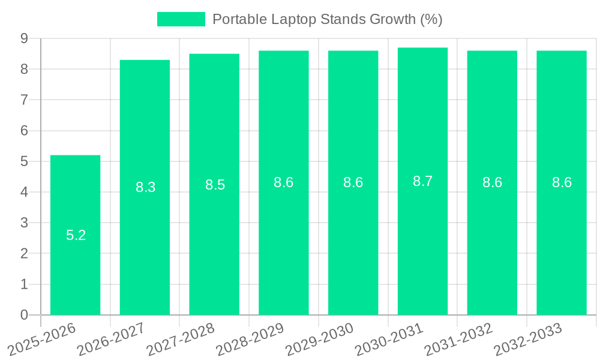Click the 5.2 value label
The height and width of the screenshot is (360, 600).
point(76,235)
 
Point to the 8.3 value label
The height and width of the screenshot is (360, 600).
point(146,187)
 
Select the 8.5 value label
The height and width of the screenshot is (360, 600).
point(215,185)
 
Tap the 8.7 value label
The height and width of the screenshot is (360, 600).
point(423,181)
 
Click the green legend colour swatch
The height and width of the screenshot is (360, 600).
point(181,19)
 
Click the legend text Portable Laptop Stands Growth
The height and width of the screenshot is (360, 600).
point(327,19)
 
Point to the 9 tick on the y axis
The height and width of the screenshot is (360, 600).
point(24,38)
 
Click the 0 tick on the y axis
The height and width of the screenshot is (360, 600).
point(24,315)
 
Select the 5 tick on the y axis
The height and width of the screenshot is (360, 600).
point(24,161)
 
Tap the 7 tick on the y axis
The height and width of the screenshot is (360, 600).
point(24,100)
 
